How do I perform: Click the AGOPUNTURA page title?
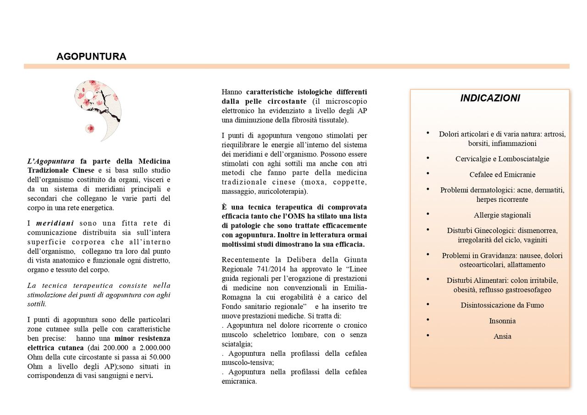click(91, 56)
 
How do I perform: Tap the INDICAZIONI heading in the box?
click(490, 98)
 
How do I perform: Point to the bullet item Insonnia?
click(502, 321)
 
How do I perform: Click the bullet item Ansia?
click(502, 336)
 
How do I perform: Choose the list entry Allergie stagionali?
click(502, 215)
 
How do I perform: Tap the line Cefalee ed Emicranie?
click(502, 175)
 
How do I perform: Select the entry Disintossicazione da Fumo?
click(502, 305)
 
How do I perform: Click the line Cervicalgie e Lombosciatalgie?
click(502, 159)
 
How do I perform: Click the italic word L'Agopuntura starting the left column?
click(51, 161)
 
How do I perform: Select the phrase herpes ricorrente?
click(502, 200)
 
